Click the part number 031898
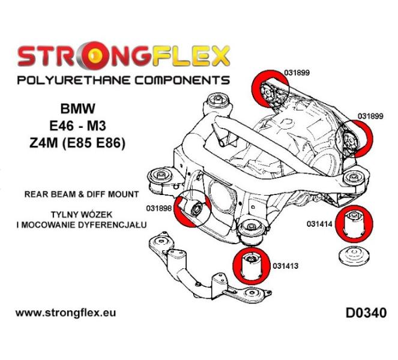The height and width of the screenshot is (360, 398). click(159, 209)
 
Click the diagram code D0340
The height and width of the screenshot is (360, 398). click(366, 313)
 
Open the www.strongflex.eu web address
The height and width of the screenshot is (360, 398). click(65, 313)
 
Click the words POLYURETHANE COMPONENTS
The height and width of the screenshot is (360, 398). click(123, 80)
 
